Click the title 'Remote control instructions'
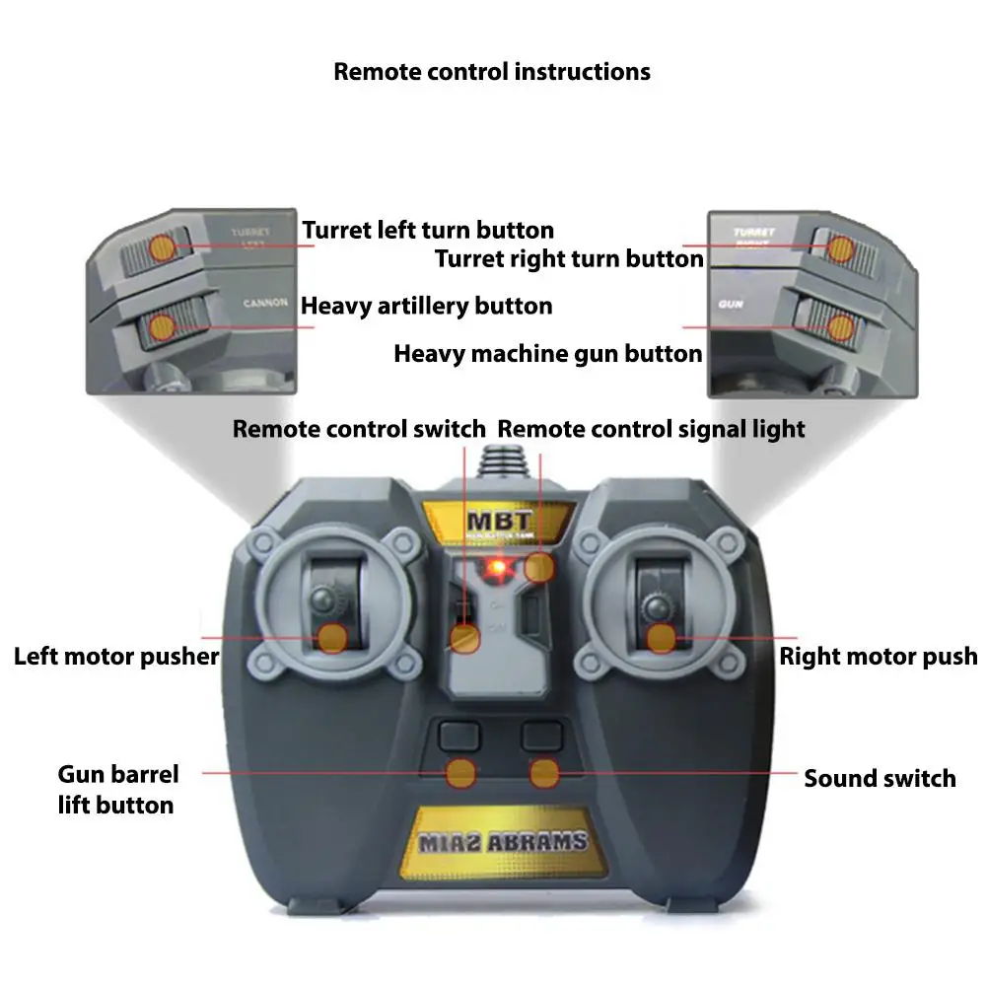[491, 72]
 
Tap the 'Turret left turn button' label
[428, 231]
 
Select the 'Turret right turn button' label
[569, 259]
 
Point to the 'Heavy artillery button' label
[426, 306]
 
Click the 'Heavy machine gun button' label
[548, 354]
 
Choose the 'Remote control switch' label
[359, 429]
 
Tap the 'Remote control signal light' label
[651, 429]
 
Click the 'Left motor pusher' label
[116, 657]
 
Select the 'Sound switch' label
[880, 778]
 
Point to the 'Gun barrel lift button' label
[115, 790]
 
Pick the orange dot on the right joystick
[662, 638]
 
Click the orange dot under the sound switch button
[544, 773]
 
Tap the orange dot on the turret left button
[162, 248]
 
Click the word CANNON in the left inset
[265, 304]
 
